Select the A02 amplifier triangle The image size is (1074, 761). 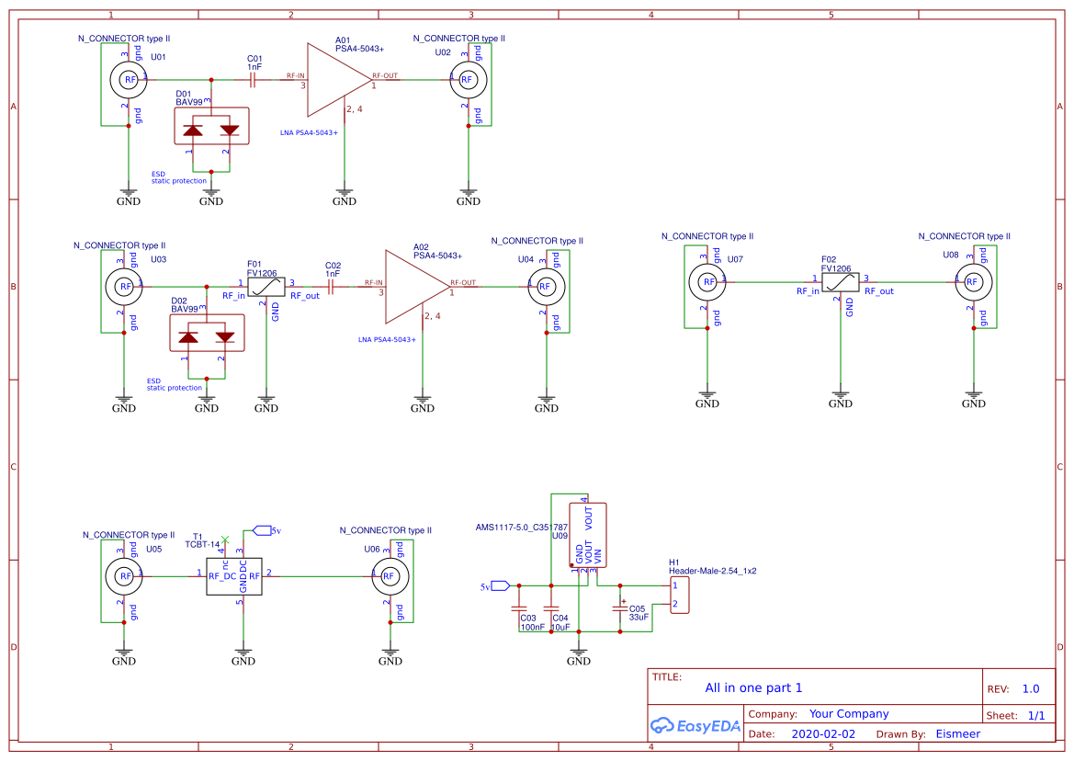[414, 286]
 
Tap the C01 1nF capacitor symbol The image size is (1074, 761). [254, 80]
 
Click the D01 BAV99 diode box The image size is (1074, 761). [211, 126]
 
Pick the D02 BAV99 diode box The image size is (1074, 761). [208, 333]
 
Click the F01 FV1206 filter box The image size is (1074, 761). [266, 287]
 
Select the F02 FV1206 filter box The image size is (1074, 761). [841, 282]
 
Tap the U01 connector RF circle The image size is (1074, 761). [130, 80]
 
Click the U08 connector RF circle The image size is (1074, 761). [970, 282]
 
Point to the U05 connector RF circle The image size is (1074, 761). [124, 576]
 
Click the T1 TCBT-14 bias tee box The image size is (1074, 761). [234, 576]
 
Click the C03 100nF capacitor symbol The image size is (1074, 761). [519, 608]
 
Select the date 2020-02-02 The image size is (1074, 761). [823, 734]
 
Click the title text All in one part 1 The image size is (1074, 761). [753, 687]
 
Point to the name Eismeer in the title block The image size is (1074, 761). [957, 734]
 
